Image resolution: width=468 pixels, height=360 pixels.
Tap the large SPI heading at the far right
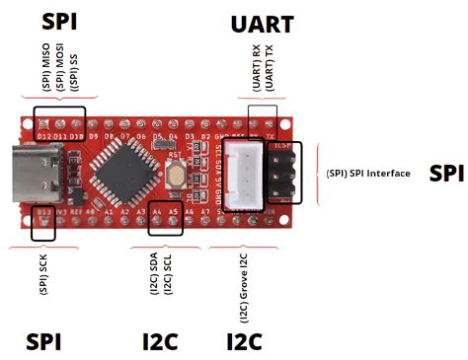coord(446,172)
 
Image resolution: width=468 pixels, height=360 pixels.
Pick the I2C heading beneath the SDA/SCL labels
coord(160,341)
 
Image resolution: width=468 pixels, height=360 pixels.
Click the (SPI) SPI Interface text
coord(367,173)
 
